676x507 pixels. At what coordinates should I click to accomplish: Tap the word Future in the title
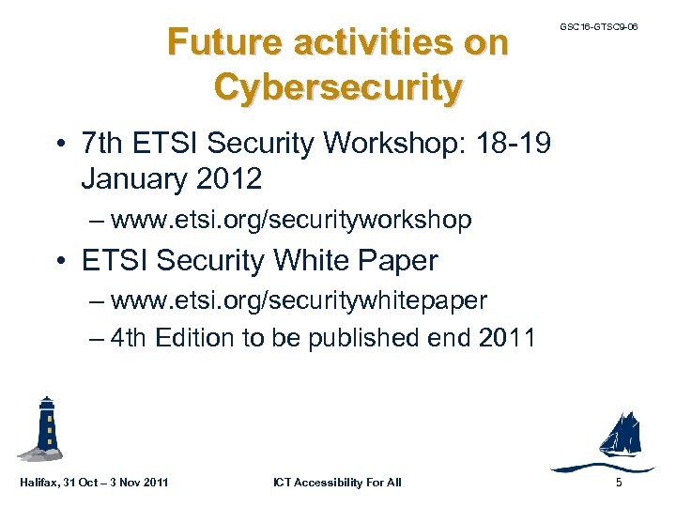pos(223,42)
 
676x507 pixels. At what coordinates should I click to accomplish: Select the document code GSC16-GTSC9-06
pos(598,27)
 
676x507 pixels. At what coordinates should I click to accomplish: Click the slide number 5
pos(618,483)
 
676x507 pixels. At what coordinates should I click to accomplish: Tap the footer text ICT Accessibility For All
pos(337,483)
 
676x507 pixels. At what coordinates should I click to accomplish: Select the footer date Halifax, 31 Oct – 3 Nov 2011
pos(94,483)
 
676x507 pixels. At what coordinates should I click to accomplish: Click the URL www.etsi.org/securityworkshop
pos(290,220)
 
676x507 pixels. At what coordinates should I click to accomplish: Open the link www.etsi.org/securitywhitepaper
pos(299,300)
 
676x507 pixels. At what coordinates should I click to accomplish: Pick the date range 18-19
pos(518,145)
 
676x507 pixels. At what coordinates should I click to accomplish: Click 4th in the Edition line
pos(130,338)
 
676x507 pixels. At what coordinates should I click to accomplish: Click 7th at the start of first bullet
pos(103,145)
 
